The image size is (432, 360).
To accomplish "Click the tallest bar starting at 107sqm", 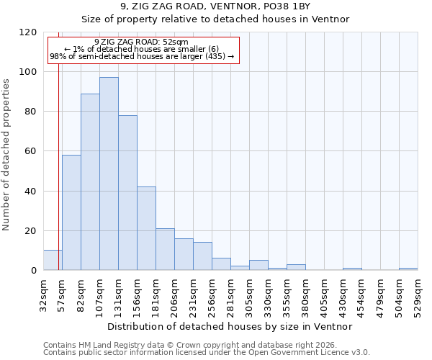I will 109,174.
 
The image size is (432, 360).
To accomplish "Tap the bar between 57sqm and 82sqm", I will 71,212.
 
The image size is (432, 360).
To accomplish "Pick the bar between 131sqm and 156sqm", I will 127,193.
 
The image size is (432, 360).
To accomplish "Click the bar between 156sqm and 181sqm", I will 146,228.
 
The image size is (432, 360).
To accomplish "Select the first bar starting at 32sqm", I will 53,260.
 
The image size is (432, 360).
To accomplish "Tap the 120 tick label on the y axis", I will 28,32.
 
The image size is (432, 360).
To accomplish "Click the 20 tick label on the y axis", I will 31,231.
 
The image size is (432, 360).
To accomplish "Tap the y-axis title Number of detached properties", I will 6,155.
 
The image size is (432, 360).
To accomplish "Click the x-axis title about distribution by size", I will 230,326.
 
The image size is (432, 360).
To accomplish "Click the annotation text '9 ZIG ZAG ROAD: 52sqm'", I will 141,42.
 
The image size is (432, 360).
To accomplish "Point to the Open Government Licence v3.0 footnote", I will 207,352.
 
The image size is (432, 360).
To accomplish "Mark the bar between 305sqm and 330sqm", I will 258,265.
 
